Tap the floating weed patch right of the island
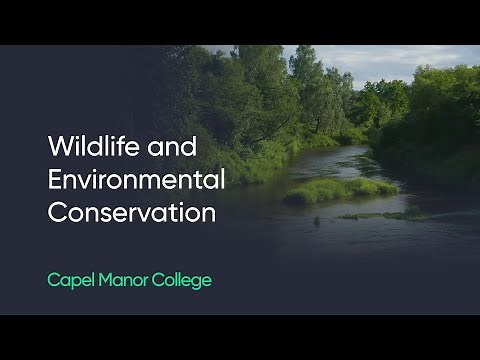click(x=380, y=215)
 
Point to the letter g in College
click(x=196, y=283)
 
